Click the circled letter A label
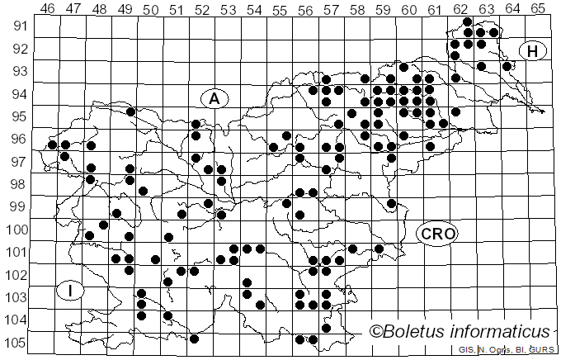tap(214, 98)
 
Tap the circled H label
tap(533, 51)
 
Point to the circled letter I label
tap(72, 291)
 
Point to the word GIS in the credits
tap(466, 351)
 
